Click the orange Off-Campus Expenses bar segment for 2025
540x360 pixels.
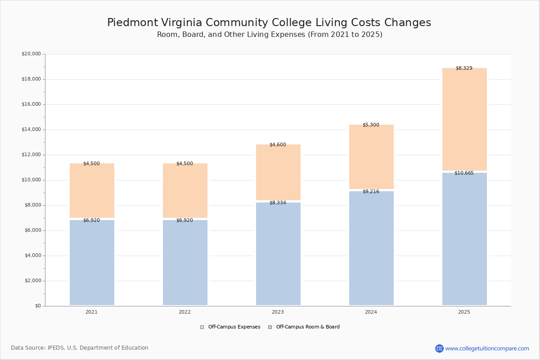point(464,119)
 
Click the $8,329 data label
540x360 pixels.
point(464,68)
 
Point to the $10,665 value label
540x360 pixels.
point(464,173)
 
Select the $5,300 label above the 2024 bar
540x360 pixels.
point(371,125)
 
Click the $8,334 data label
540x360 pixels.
point(278,203)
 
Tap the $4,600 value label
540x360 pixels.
point(278,145)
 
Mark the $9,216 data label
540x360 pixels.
point(371,192)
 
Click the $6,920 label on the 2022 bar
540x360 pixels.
point(184,220)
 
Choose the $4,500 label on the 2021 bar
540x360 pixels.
point(91,164)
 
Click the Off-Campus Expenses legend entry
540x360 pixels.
point(230,327)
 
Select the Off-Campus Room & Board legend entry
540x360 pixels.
point(304,327)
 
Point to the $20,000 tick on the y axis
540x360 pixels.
point(31,54)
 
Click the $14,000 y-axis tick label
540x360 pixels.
point(31,130)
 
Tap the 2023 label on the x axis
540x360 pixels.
point(278,312)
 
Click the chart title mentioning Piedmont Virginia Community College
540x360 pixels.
point(269,23)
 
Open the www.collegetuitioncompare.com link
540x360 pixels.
point(487,348)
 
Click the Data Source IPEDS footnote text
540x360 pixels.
point(80,348)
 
